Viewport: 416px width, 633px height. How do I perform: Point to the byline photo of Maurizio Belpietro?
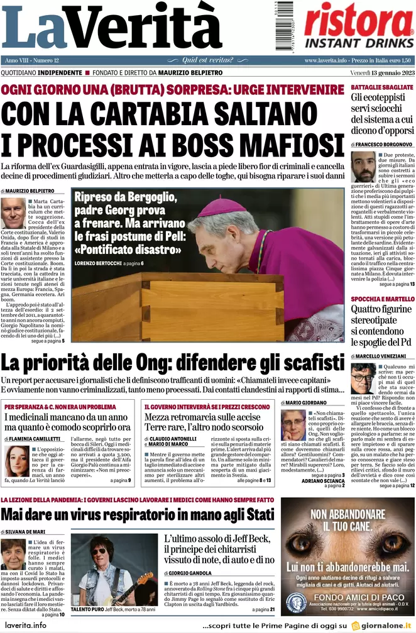(x=13, y=213)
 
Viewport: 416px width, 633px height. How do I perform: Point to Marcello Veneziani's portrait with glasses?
(x=363, y=378)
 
